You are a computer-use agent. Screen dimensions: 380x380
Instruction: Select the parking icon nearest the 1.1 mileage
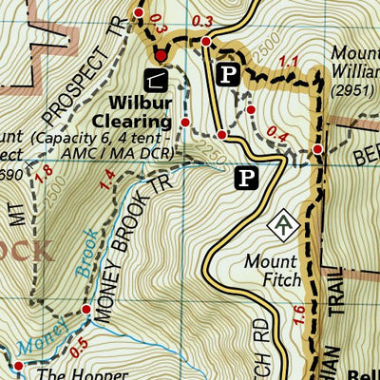(x=228, y=74)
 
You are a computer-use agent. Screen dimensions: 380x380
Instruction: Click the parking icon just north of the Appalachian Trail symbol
(x=247, y=176)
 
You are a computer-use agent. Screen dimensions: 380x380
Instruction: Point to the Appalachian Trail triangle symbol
(x=283, y=224)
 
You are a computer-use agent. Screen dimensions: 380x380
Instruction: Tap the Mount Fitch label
(x=272, y=270)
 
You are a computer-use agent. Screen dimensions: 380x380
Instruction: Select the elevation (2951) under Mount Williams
(x=353, y=90)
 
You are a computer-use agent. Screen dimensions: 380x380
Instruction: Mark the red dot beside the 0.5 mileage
(x=86, y=311)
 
